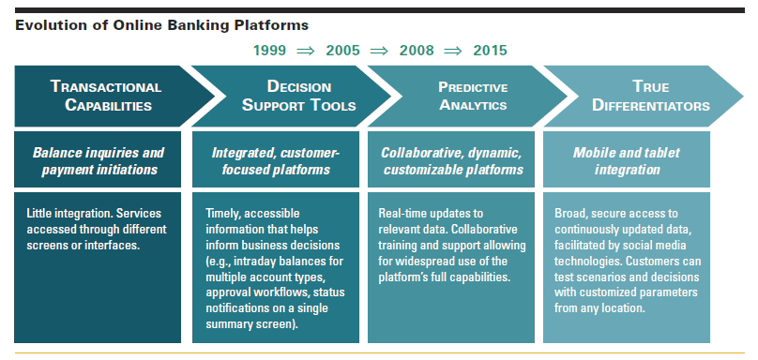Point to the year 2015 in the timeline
coord(491,50)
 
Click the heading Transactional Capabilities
coord(105,96)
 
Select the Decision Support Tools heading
coord(285,96)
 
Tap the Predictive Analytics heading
coord(460,96)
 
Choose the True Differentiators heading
coord(644,96)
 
